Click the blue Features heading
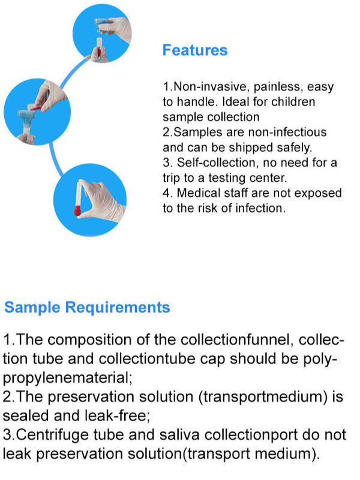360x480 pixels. click(195, 50)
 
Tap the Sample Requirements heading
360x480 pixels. click(87, 308)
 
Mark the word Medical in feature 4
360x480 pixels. click(194, 193)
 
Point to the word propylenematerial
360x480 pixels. click(66, 378)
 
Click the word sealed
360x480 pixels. click(24, 415)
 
